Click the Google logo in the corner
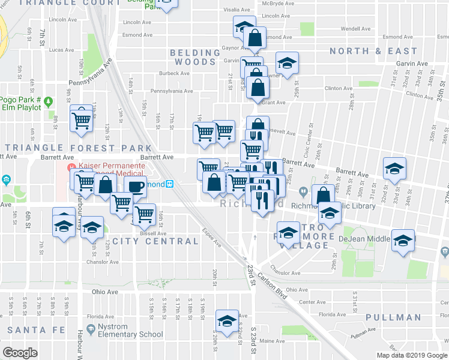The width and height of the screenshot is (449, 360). (x=20, y=352)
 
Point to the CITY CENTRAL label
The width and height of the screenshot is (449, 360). (x=155, y=241)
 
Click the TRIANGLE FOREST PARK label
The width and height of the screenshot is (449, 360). (x=78, y=148)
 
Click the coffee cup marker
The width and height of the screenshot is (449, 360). (x=135, y=187)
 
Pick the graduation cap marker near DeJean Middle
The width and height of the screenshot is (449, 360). (x=403, y=241)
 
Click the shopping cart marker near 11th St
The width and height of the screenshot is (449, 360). (x=81, y=118)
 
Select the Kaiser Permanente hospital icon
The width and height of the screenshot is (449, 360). (x=71, y=166)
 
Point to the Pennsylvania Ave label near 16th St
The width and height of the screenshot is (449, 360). (x=172, y=91)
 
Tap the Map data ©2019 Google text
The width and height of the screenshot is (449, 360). (x=411, y=355)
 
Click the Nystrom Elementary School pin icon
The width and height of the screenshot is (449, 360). (x=91, y=329)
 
